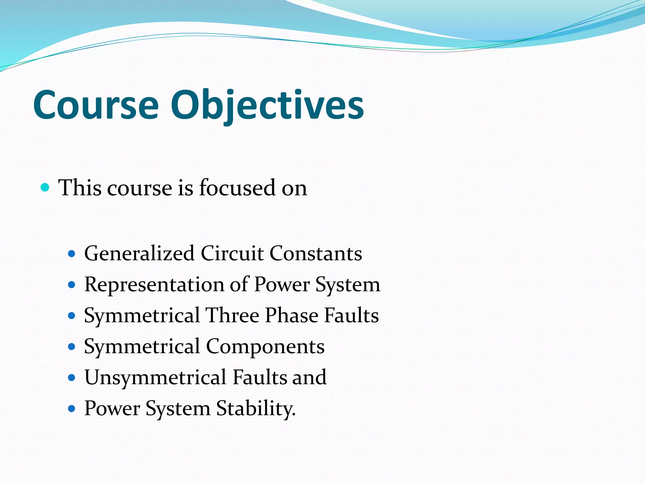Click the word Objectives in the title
tap(267, 105)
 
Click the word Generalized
tap(139, 254)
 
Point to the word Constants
tap(316, 254)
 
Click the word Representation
tap(154, 285)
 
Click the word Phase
tap(292, 315)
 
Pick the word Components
tap(265, 347)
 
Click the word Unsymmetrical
tap(155, 377)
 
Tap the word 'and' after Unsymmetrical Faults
tap(309, 377)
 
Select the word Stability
tap(256, 408)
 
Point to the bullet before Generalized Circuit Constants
tap(72, 254)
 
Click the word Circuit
tap(232, 254)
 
